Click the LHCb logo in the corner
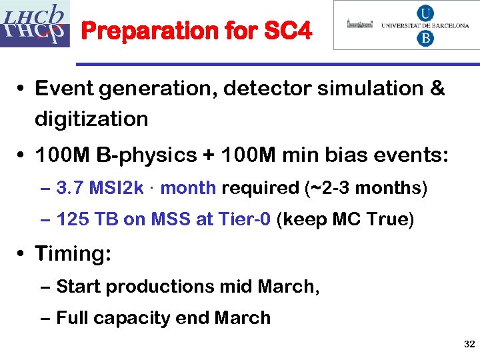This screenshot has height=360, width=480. coord(35,24)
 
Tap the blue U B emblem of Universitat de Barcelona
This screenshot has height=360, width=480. coord(425,25)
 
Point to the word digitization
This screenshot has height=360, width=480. coord(91,119)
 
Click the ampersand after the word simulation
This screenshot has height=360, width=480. coord(437,89)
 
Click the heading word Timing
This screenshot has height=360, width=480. coord(73,253)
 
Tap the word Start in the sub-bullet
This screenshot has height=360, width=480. coord(79,287)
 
